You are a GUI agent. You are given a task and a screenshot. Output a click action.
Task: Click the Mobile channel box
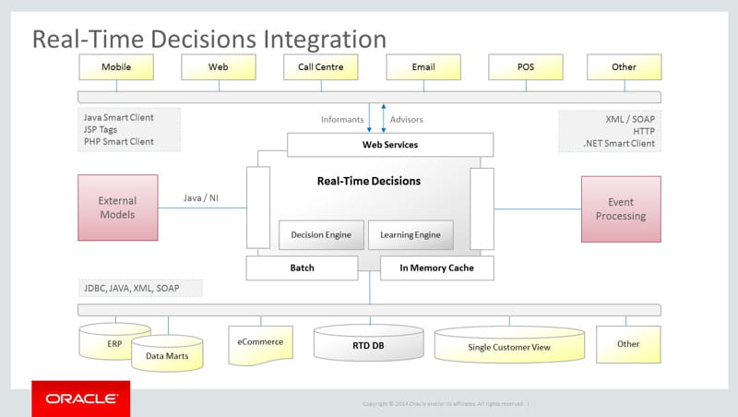click(x=116, y=66)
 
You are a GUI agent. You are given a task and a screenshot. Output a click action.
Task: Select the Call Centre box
click(x=320, y=66)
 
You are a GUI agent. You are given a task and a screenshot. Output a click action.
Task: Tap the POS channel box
click(x=525, y=66)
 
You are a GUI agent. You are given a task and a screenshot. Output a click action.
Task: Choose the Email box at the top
click(x=423, y=66)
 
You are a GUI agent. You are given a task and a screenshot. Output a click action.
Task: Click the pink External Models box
click(x=117, y=208)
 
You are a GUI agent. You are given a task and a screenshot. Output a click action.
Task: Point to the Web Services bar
click(x=389, y=145)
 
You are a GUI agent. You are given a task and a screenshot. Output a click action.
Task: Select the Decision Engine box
click(x=321, y=234)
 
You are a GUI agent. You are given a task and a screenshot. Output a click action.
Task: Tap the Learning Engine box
click(x=411, y=234)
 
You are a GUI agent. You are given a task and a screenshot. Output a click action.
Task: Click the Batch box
click(x=302, y=268)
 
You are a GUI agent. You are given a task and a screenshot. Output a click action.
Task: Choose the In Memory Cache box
click(x=437, y=268)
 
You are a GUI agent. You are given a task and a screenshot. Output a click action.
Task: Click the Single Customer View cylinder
click(x=509, y=347)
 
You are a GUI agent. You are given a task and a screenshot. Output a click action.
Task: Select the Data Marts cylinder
click(x=167, y=354)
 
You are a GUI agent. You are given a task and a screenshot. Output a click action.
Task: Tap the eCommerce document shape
click(x=261, y=343)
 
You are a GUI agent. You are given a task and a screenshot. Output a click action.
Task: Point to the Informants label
click(x=342, y=120)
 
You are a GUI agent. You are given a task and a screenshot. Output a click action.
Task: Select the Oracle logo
click(x=81, y=399)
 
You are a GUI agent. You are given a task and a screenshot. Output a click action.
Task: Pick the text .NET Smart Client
click(x=619, y=143)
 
